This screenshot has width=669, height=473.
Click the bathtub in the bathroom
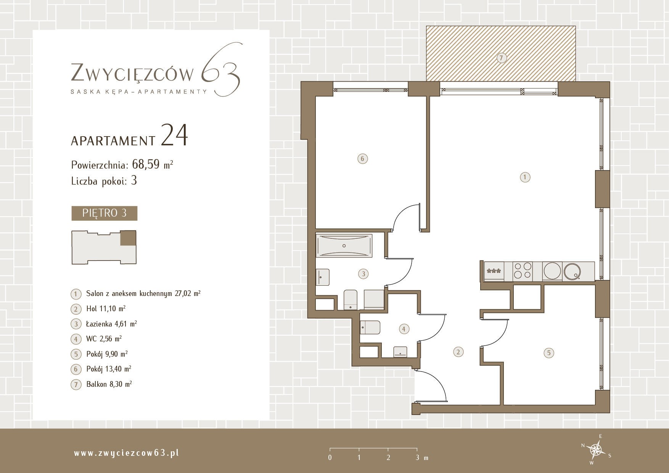[x=344, y=246]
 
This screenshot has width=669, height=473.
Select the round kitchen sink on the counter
[x=572, y=271]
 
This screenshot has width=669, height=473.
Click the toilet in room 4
[x=370, y=327]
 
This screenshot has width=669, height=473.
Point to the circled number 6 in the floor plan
[x=363, y=159]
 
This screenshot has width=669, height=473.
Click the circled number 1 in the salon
[x=525, y=177]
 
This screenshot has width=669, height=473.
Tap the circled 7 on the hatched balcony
[x=502, y=58]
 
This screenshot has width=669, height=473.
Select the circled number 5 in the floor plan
[x=549, y=353]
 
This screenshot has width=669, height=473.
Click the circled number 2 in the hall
[x=458, y=352]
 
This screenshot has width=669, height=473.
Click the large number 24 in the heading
[x=174, y=135]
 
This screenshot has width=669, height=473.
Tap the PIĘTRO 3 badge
[x=104, y=213]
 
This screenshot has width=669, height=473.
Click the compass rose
[x=596, y=450]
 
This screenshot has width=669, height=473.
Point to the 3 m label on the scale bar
[x=421, y=457]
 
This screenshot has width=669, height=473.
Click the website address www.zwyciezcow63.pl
[x=126, y=453]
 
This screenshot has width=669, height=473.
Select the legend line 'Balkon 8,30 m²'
[x=109, y=384]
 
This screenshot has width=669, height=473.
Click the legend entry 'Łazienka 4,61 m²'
[x=111, y=324]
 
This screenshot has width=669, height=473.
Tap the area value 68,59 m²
[x=152, y=164]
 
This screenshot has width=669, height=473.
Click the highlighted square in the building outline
[x=128, y=238]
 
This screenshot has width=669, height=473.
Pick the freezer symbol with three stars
[x=494, y=272]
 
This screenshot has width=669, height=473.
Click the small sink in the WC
[x=400, y=352]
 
